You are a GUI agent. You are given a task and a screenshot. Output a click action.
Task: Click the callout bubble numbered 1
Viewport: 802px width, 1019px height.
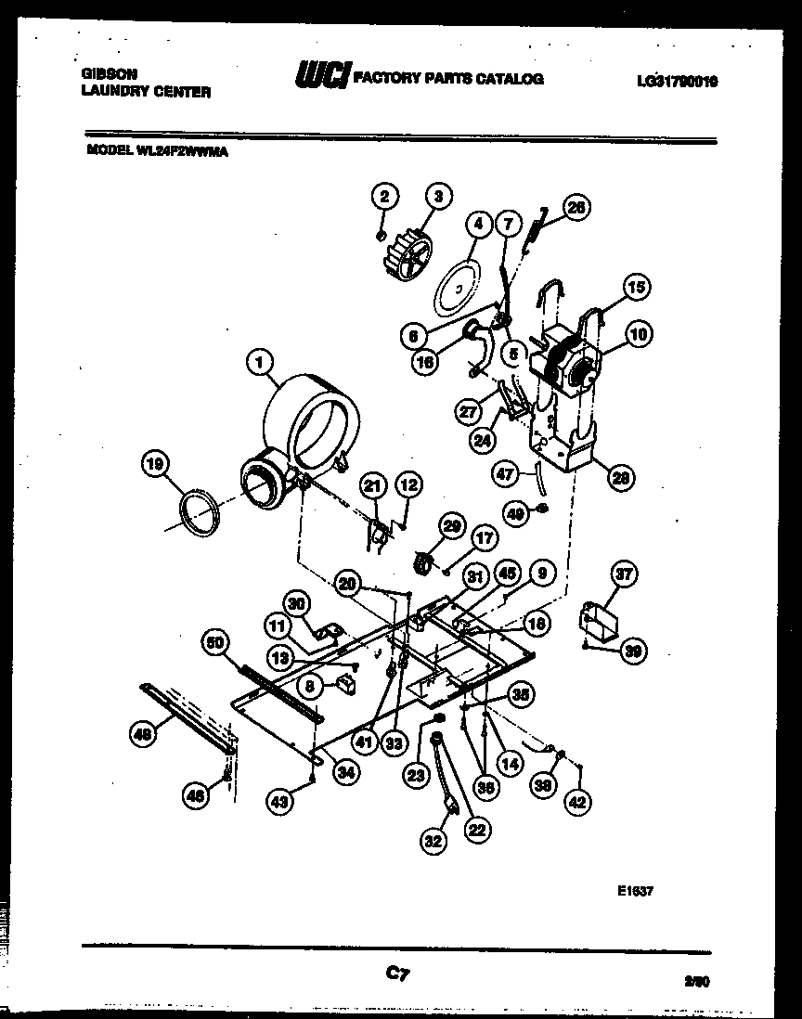click(261, 363)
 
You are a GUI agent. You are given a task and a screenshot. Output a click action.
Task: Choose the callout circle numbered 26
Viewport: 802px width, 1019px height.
click(576, 209)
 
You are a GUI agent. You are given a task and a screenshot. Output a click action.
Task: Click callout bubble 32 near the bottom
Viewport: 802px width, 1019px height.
click(433, 842)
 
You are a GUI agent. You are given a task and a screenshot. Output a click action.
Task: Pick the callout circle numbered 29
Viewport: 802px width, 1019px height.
click(450, 526)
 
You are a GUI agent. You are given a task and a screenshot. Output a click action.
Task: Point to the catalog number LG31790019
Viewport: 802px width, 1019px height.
click(677, 81)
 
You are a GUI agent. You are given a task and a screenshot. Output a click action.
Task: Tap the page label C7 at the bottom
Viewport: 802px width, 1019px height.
click(397, 974)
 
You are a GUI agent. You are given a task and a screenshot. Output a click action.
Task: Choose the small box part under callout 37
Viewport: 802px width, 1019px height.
click(597, 620)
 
